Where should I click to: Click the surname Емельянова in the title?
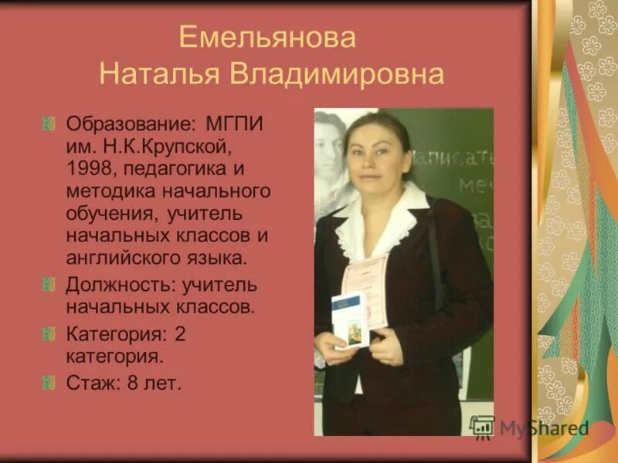(x=267, y=39)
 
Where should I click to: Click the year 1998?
(x=88, y=167)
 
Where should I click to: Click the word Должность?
(x=121, y=285)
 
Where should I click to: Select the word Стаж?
(x=90, y=382)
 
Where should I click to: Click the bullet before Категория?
(x=50, y=335)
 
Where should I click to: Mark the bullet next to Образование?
(x=50, y=123)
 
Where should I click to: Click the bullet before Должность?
(x=50, y=286)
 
